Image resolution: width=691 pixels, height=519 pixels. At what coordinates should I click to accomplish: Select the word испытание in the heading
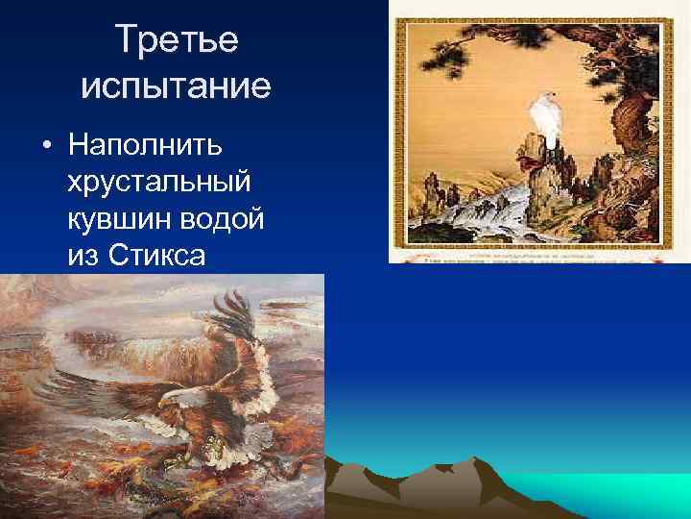pos(177,87)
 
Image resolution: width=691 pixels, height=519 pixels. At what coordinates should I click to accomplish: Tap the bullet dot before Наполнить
pos(45,146)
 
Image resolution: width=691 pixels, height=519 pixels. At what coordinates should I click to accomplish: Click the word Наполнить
pos(145,146)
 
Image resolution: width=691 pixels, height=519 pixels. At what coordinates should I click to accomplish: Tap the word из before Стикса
pos(86,255)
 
